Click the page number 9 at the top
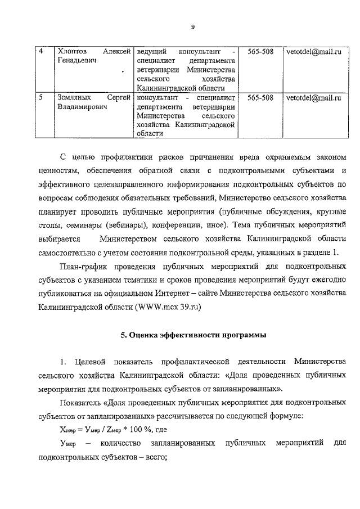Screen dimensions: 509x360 tap(192, 27)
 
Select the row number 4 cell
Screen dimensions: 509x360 tap(42, 52)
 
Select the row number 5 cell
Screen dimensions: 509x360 tap(42, 98)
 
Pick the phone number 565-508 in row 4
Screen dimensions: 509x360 tap(260, 52)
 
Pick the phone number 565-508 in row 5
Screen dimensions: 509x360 tap(260, 98)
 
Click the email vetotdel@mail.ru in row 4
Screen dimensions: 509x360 tap(313, 52)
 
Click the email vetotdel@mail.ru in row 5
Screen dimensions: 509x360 tap(313, 98)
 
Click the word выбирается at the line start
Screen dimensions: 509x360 tap(61, 239)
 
